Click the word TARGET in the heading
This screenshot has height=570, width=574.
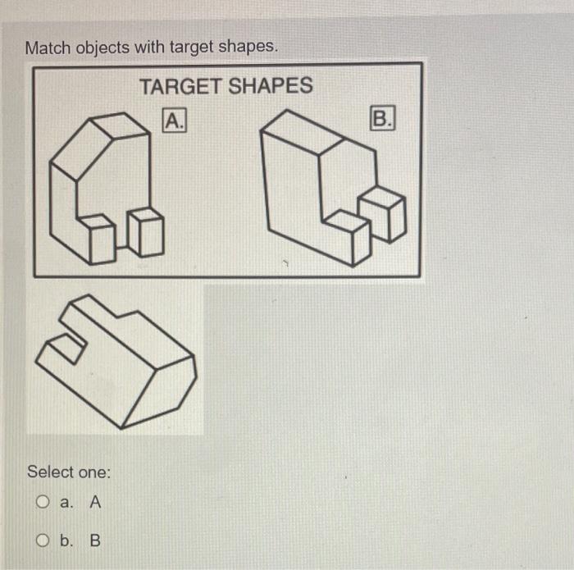point(179,85)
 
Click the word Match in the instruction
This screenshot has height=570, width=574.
point(48,48)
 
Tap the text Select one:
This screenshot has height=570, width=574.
point(69,472)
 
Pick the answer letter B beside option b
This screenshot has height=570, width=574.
point(95,541)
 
